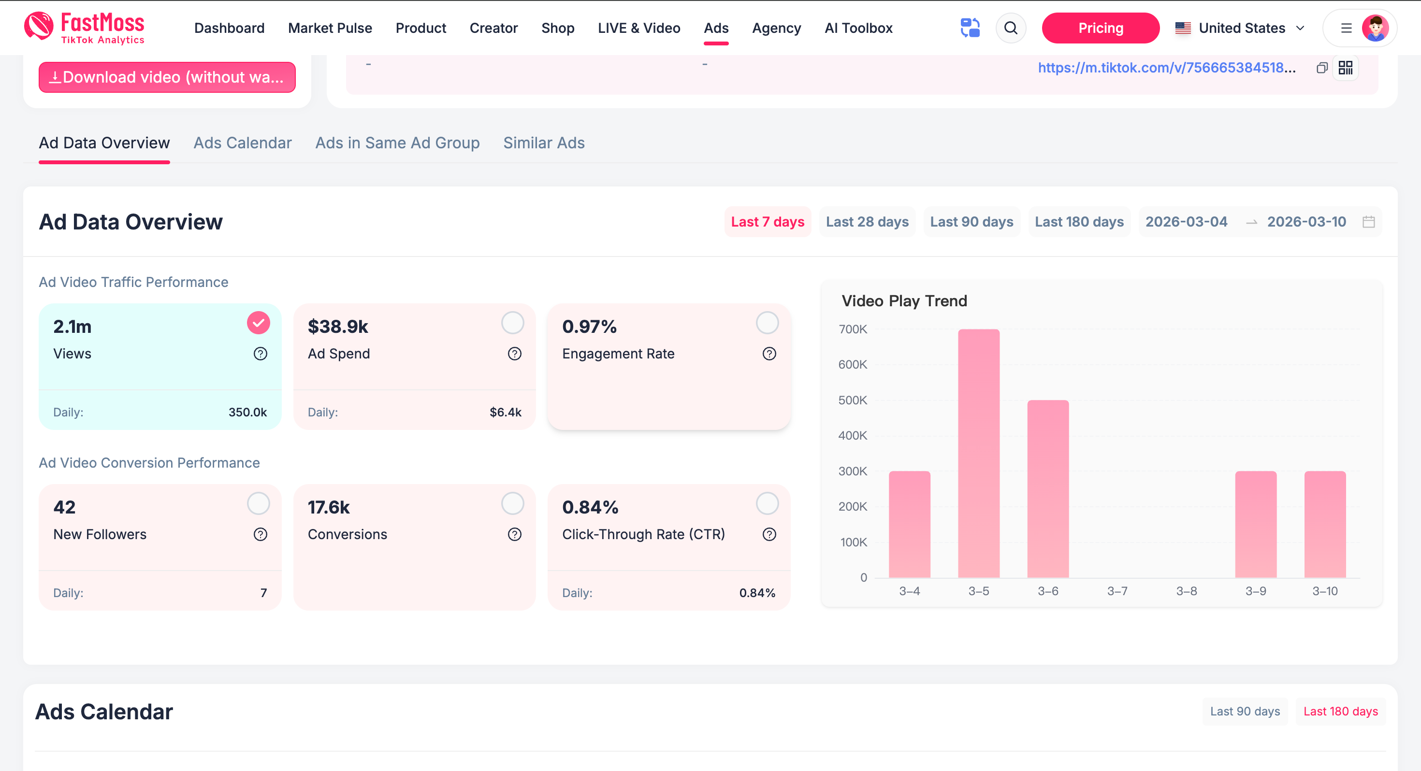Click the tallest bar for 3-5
pos(979,453)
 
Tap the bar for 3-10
pos(1324,524)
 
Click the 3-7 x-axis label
pos(1117,591)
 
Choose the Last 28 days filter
pos(867,222)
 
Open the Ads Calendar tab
pos(242,143)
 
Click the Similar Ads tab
pos(543,143)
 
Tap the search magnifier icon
pos(1011,28)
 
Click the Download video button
pos(167,77)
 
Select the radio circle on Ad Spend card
pos(512,323)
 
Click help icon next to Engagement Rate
pos(769,354)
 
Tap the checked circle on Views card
pos(258,323)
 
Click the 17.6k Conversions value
pos(329,507)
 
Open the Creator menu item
pos(493,28)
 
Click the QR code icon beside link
pos(1346,68)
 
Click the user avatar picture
pos(1375,28)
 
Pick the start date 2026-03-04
pos(1186,222)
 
